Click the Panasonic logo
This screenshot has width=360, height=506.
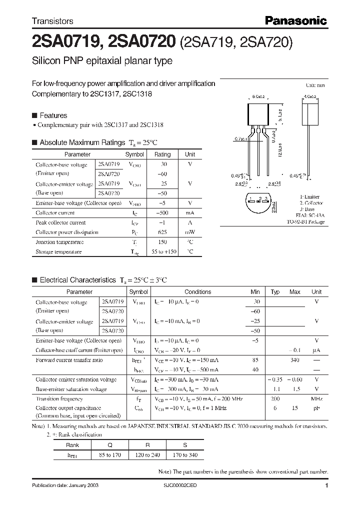295,20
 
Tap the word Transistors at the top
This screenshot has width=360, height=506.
52,21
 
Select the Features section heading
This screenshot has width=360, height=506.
53,115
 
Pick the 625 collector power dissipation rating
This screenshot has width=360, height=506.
162,232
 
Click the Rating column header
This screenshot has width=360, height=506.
162,154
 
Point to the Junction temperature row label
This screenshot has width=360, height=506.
59,242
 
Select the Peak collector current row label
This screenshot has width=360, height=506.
60,222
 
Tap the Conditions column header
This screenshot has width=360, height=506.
197,292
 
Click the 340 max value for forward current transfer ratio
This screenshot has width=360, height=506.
295,360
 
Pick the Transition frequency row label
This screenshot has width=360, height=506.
59,399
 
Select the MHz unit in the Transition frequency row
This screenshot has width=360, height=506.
316,399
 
